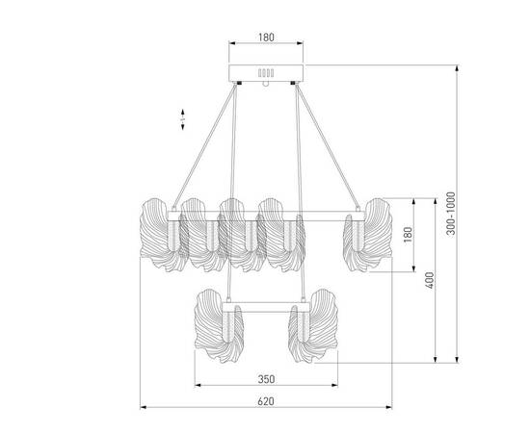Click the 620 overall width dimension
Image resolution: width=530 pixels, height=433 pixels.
tap(267, 399)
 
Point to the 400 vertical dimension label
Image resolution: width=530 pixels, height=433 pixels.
tap(429, 280)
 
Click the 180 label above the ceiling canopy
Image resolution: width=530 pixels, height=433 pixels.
tap(267, 38)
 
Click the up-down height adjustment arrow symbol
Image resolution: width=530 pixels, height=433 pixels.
tap(183, 118)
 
